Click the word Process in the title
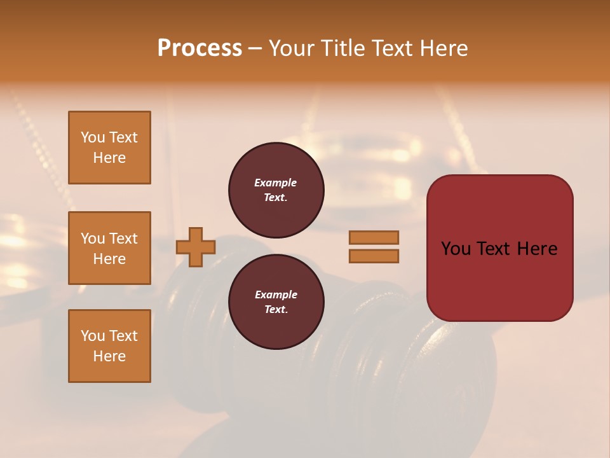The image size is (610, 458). [x=200, y=48]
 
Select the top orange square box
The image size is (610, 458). [x=109, y=148]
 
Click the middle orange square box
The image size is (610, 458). [x=109, y=248]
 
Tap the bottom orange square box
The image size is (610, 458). [x=109, y=346]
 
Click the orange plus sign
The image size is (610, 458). [x=196, y=247]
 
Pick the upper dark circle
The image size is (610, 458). [x=276, y=190]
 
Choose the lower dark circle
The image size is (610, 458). [x=276, y=302]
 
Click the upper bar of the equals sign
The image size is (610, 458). [x=374, y=237]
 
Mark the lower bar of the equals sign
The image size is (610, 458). [x=374, y=256]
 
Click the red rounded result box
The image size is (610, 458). [x=499, y=248]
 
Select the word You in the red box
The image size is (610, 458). [x=456, y=249]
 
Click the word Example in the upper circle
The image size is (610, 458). [x=276, y=183]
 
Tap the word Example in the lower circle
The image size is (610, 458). [x=276, y=295]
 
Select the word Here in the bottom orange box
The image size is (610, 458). [x=109, y=356]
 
